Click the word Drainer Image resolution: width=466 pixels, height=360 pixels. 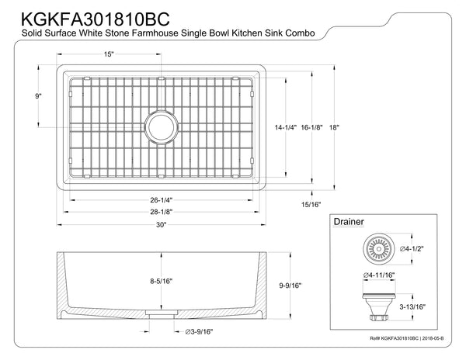point(348,220)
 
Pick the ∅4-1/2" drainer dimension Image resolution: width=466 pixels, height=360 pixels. point(416,250)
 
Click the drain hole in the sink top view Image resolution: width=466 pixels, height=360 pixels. point(162,126)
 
